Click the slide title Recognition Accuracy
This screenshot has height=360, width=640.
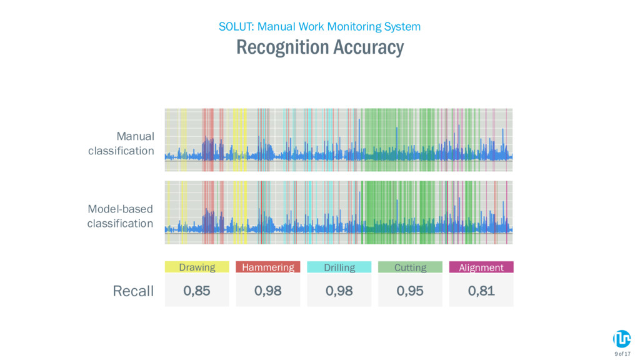320,47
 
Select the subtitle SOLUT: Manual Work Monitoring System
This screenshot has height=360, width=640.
319,26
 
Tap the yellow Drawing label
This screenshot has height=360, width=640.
197,267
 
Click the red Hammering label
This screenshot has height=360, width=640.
267,267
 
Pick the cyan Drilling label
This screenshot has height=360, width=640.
339,267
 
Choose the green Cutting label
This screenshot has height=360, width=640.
410,267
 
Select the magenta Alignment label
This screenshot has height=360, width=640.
481,267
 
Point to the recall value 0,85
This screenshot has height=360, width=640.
197,291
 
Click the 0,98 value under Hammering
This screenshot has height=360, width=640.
267,291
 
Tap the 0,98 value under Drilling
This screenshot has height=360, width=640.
339,291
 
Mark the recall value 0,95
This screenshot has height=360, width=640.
410,291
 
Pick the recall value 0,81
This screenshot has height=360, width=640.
481,291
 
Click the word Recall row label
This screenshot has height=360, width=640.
133,291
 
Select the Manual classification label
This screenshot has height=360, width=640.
121,143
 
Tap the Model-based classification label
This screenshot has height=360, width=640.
120,216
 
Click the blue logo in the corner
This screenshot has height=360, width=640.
622,339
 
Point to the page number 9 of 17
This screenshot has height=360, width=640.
622,354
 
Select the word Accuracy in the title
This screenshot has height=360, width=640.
369,47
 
